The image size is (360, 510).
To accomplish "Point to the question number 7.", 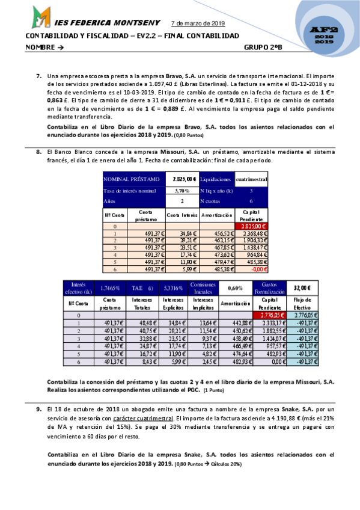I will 38,76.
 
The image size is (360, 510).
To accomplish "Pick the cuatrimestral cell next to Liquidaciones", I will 251,179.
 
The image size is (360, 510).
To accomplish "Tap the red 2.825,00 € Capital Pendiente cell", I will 251,226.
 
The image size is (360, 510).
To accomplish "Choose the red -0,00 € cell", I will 251,269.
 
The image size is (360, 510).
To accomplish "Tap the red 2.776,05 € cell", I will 267,315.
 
